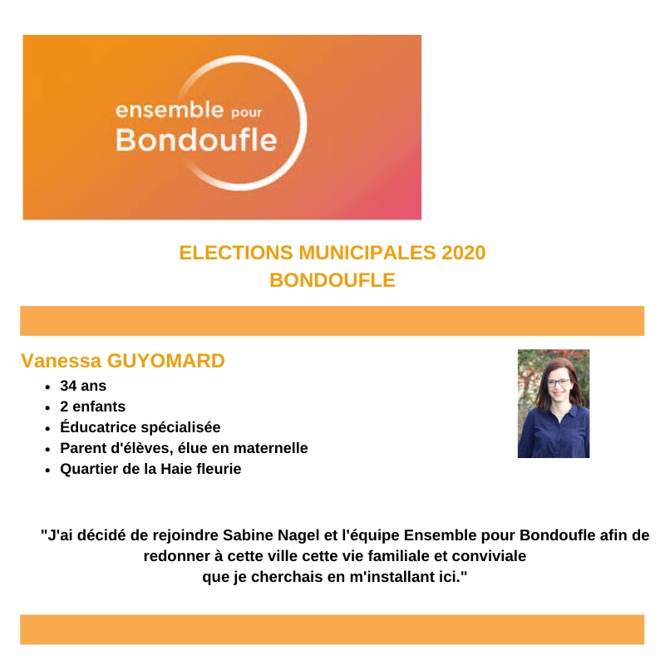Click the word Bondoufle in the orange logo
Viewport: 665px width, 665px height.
point(195,139)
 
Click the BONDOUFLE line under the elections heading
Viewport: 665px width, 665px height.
point(332,281)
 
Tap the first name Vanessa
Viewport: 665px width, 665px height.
point(60,361)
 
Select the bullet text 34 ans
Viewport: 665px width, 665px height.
point(83,387)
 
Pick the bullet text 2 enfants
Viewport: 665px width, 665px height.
point(92,407)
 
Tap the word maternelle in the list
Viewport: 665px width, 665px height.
point(268,448)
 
